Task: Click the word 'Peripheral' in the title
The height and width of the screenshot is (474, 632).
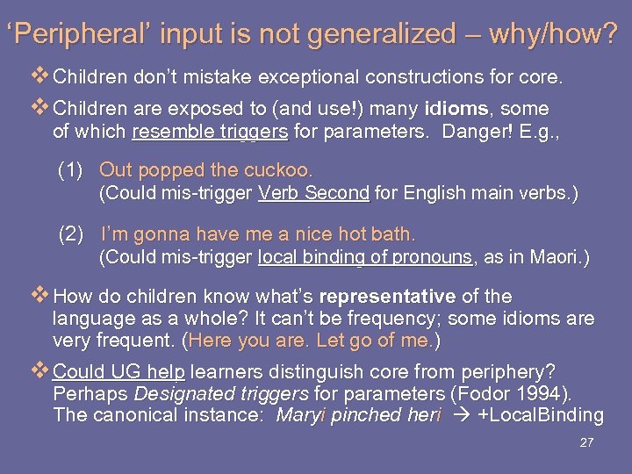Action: point(67,35)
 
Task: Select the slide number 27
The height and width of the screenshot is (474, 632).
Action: point(586,442)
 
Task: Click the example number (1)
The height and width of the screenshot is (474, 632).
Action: point(72,169)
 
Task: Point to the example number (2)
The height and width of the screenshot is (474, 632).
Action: point(72,234)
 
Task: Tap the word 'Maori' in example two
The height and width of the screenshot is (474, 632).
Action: point(557,258)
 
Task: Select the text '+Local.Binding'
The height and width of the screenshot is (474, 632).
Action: point(540,415)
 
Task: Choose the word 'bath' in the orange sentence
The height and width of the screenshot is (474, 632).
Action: point(394,234)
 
